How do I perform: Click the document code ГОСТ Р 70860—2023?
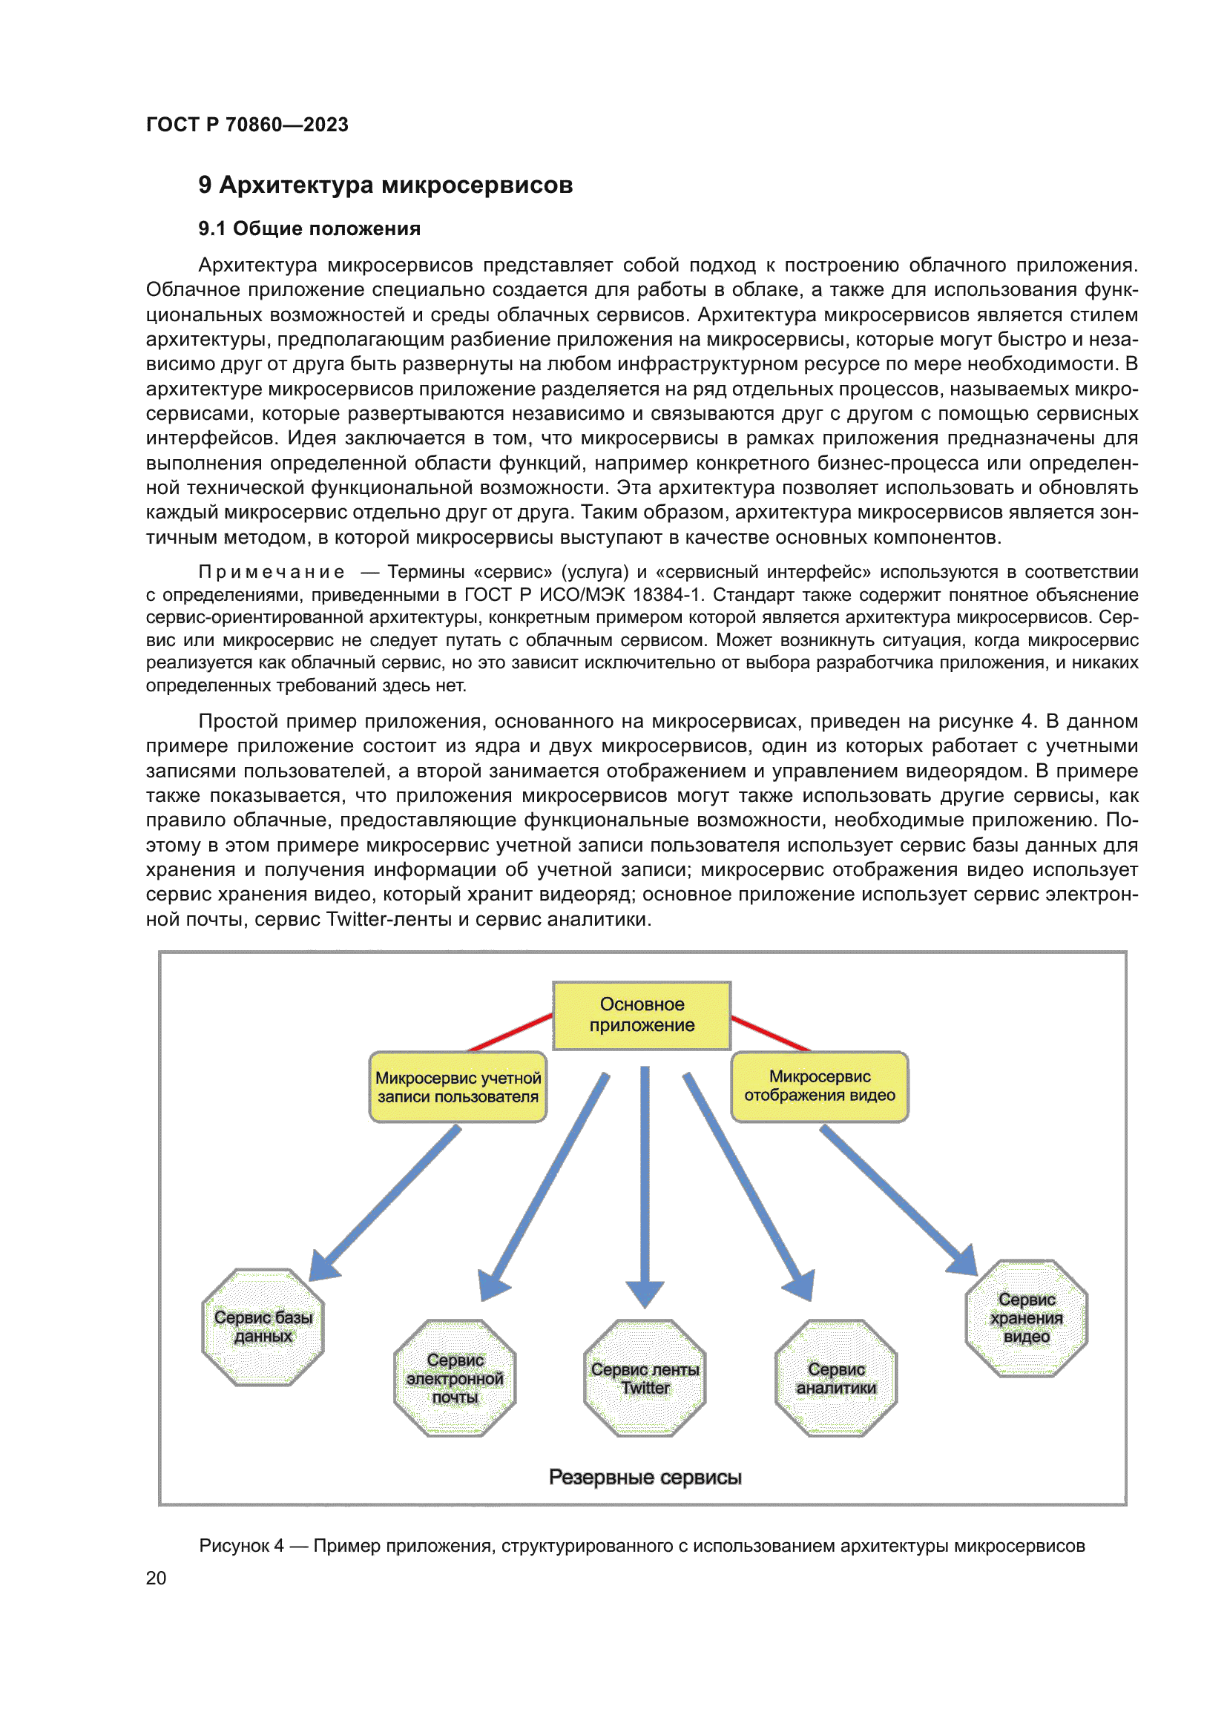click(x=247, y=125)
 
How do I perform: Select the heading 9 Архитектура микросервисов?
click(x=385, y=185)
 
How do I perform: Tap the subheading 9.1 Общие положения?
click(x=309, y=229)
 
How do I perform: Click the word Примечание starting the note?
click(x=272, y=572)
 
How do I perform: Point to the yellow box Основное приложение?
click(x=642, y=1015)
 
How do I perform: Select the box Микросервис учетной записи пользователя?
click(x=458, y=1087)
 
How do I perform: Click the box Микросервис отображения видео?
click(x=819, y=1086)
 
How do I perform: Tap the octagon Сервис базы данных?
click(x=263, y=1326)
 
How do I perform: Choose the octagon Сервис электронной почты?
click(x=455, y=1377)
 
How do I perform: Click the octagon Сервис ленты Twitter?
click(x=645, y=1377)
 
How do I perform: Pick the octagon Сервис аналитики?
click(x=835, y=1377)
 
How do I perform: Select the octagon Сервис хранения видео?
click(x=1026, y=1318)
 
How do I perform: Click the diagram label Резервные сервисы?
click(x=645, y=1477)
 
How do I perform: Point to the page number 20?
click(x=156, y=1578)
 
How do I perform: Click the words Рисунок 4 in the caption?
click(x=241, y=1545)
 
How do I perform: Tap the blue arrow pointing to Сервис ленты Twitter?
click(x=645, y=1179)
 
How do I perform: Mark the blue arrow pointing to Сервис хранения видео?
click(x=895, y=1198)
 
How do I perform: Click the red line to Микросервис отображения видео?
click(x=771, y=1034)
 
